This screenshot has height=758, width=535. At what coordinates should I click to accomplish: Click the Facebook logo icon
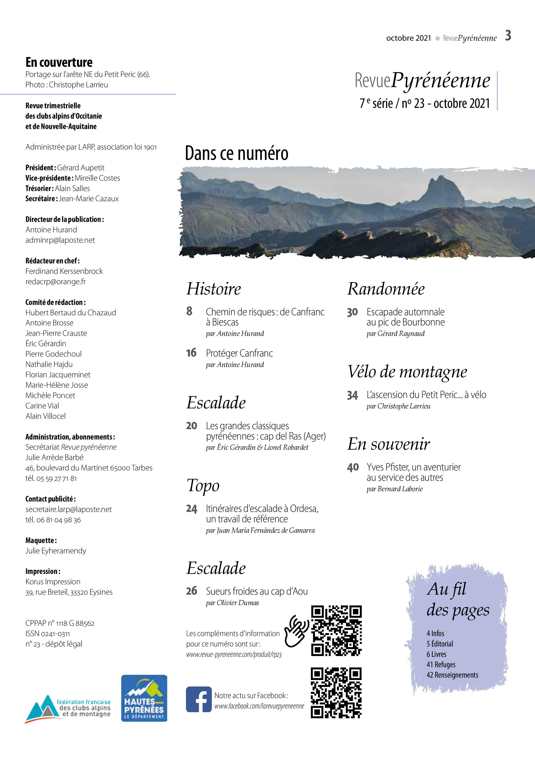pyautogui.click(x=198, y=699)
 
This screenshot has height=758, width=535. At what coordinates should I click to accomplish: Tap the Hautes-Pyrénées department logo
pyautogui.click(x=144, y=698)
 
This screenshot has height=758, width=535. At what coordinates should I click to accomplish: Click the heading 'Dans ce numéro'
pyautogui.click(x=236, y=153)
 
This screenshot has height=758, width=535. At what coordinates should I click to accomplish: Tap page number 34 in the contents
pyautogui.click(x=352, y=395)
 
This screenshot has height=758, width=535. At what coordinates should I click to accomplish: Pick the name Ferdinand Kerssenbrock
pyautogui.click(x=64, y=271)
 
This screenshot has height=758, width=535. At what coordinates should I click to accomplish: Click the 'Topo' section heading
pyautogui.click(x=203, y=485)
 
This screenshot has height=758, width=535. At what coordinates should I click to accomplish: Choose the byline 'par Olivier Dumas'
pyautogui.click(x=232, y=602)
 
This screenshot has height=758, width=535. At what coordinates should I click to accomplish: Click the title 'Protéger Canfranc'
pyautogui.click(x=239, y=353)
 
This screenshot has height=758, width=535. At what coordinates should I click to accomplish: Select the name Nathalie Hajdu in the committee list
pyautogui.click(x=49, y=364)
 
